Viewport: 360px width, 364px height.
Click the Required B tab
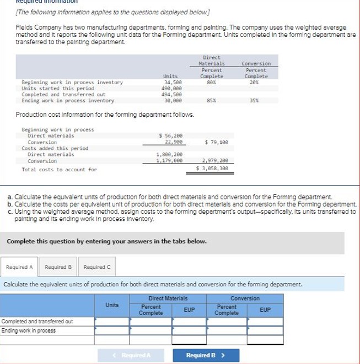coord(58,267)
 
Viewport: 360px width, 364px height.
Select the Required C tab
coord(97,267)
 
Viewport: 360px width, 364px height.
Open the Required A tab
coord(19,267)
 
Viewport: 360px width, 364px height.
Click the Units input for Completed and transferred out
coord(111,321)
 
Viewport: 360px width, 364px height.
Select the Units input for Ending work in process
coord(111,330)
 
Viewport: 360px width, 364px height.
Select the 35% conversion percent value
coord(255,101)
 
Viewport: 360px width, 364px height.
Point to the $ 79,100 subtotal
coord(216,142)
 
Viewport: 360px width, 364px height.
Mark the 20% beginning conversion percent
coord(255,83)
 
